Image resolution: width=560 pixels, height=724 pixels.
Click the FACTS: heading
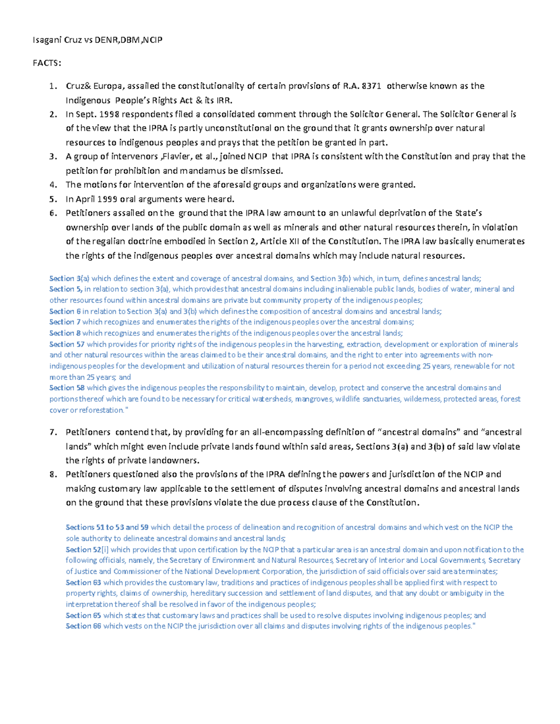coord(47,63)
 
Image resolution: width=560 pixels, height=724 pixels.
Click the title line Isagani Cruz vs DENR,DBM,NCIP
coord(98,40)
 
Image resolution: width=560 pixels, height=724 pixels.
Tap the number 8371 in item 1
coord(371,86)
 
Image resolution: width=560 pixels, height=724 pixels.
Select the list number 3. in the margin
coord(53,157)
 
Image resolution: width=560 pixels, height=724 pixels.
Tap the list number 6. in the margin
coord(53,213)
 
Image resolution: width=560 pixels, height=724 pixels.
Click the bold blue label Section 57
coord(67,344)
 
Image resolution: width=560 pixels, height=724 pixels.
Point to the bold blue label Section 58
coord(67,388)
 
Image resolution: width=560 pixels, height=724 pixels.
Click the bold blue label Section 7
coord(65,322)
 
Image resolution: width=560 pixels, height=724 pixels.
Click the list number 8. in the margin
coord(53,475)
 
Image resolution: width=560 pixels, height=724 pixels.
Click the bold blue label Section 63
coord(83,582)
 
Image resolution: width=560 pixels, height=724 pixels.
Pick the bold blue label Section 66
coord(83,626)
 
